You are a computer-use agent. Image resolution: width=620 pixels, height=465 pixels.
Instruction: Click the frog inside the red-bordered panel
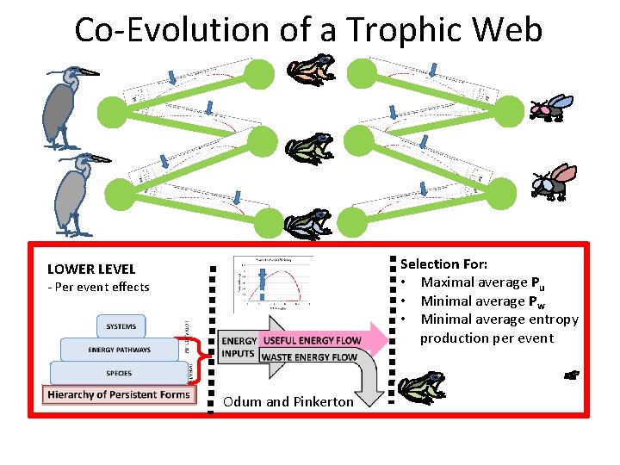(x=422, y=387)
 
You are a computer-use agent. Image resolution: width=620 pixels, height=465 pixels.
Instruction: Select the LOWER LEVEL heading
(x=91, y=270)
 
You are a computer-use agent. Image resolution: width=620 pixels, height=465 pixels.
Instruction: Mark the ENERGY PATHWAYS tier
(x=119, y=350)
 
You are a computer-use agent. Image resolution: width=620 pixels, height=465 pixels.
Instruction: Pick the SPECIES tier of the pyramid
(x=119, y=373)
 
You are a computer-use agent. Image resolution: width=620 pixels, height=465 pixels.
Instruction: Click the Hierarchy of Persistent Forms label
(x=119, y=395)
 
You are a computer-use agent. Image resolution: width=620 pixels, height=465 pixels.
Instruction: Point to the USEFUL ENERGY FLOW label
(x=311, y=342)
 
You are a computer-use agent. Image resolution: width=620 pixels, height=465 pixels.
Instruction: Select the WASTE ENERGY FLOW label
(x=308, y=357)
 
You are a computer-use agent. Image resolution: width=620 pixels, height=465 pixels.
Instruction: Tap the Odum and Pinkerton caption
(x=288, y=401)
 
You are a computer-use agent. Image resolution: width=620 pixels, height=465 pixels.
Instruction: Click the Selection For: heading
(x=443, y=264)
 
